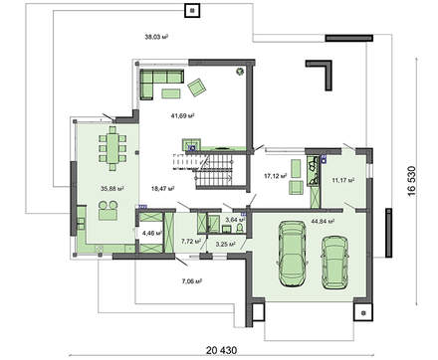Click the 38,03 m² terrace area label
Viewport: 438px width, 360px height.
click(158, 37)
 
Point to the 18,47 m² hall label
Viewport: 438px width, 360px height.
click(162, 186)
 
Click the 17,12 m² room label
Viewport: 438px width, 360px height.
click(275, 177)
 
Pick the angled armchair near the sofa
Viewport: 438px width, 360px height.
click(198, 89)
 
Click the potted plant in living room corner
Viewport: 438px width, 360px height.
click(239, 72)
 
